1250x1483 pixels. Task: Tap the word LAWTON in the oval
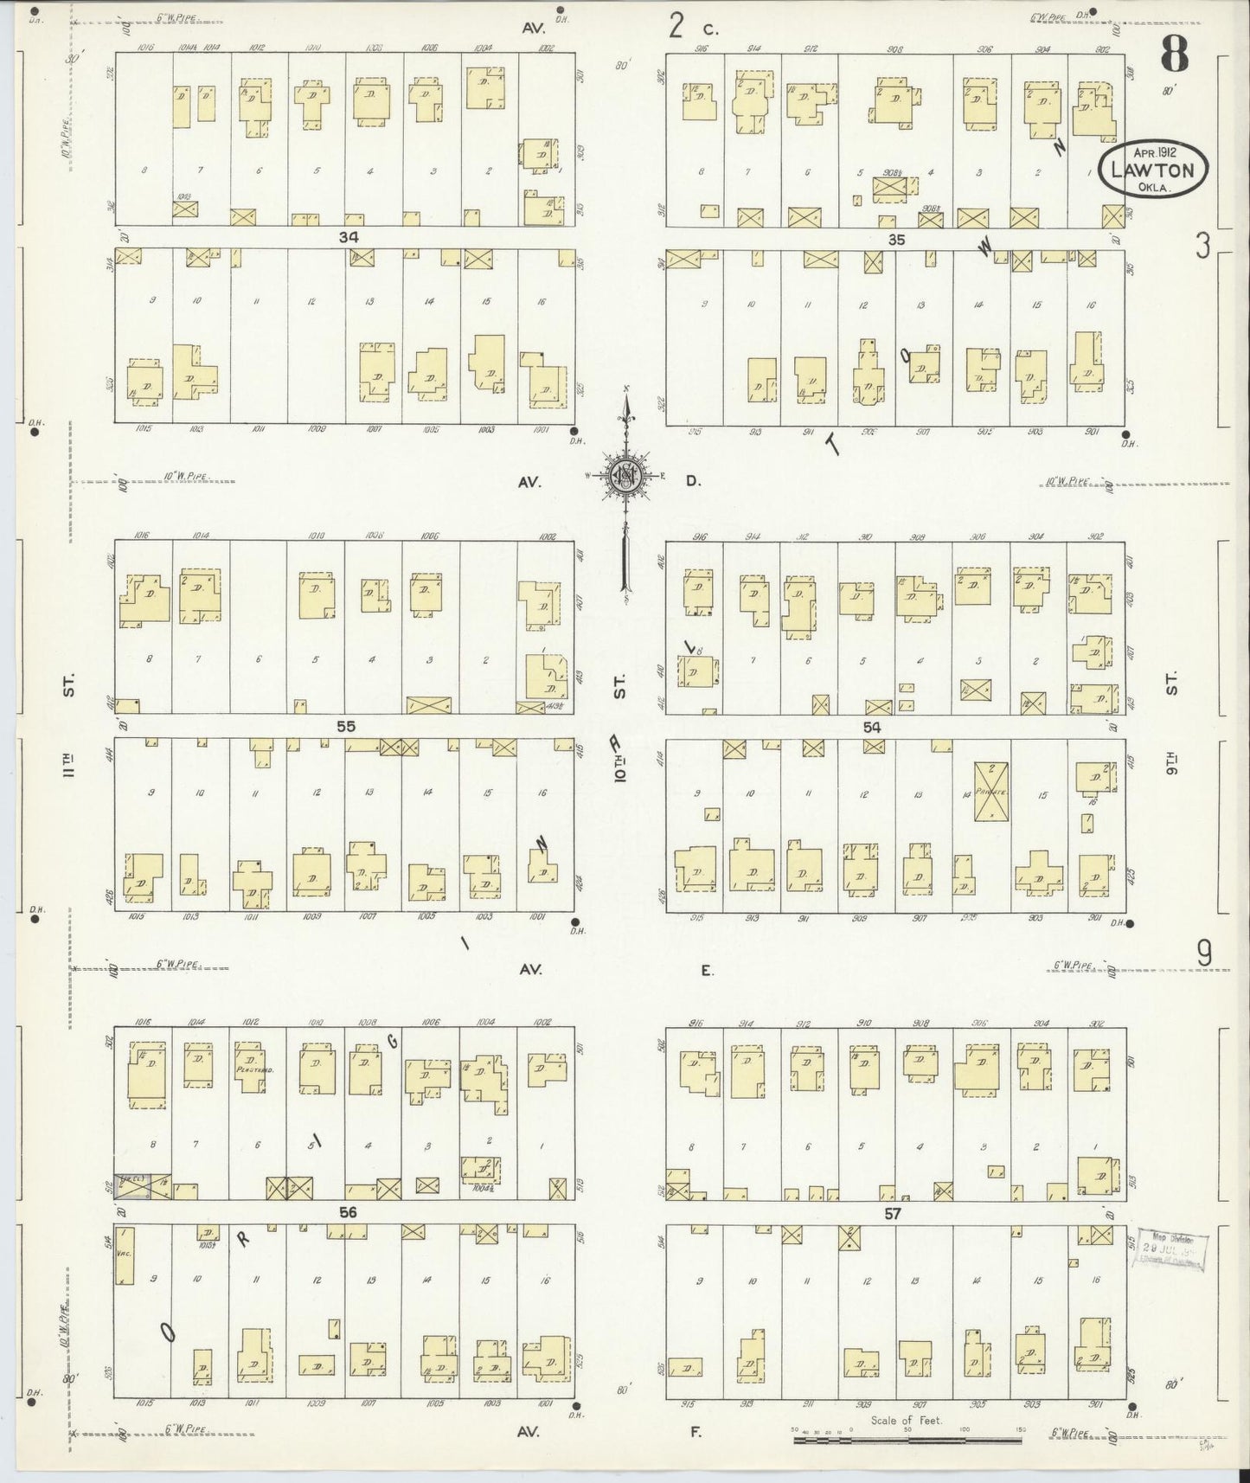[1152, 170]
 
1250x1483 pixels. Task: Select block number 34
[348, 237]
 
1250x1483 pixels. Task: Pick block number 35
[895, 240]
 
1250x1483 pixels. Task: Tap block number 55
[346, 727]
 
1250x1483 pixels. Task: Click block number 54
[871, 728]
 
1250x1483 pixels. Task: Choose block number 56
[348, 1212]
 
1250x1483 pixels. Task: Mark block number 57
[892, 1213]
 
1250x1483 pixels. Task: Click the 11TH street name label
[69, 766]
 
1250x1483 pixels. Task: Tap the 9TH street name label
[1172, 765]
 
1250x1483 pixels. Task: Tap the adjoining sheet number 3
[1202, 247]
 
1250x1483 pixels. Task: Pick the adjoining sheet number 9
[1203, 953]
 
